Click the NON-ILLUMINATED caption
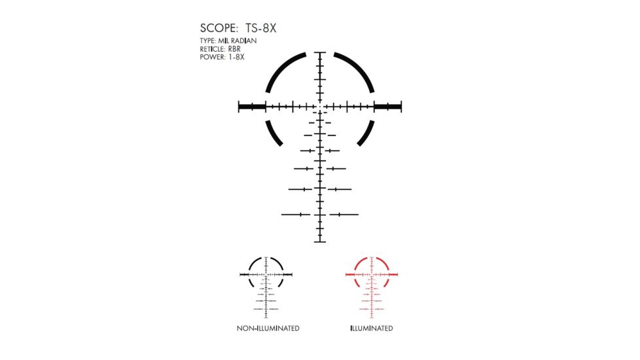tap(268, 328)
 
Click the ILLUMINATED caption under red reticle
tap(372, 328)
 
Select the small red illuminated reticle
tap(372, 281)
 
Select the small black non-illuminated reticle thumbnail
tap(266, 281)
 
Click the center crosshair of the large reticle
tap(320, 106)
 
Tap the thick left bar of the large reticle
tap(252, 106)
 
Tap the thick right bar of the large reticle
tap(387, 106)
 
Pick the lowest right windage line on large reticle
tap(344, 214)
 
